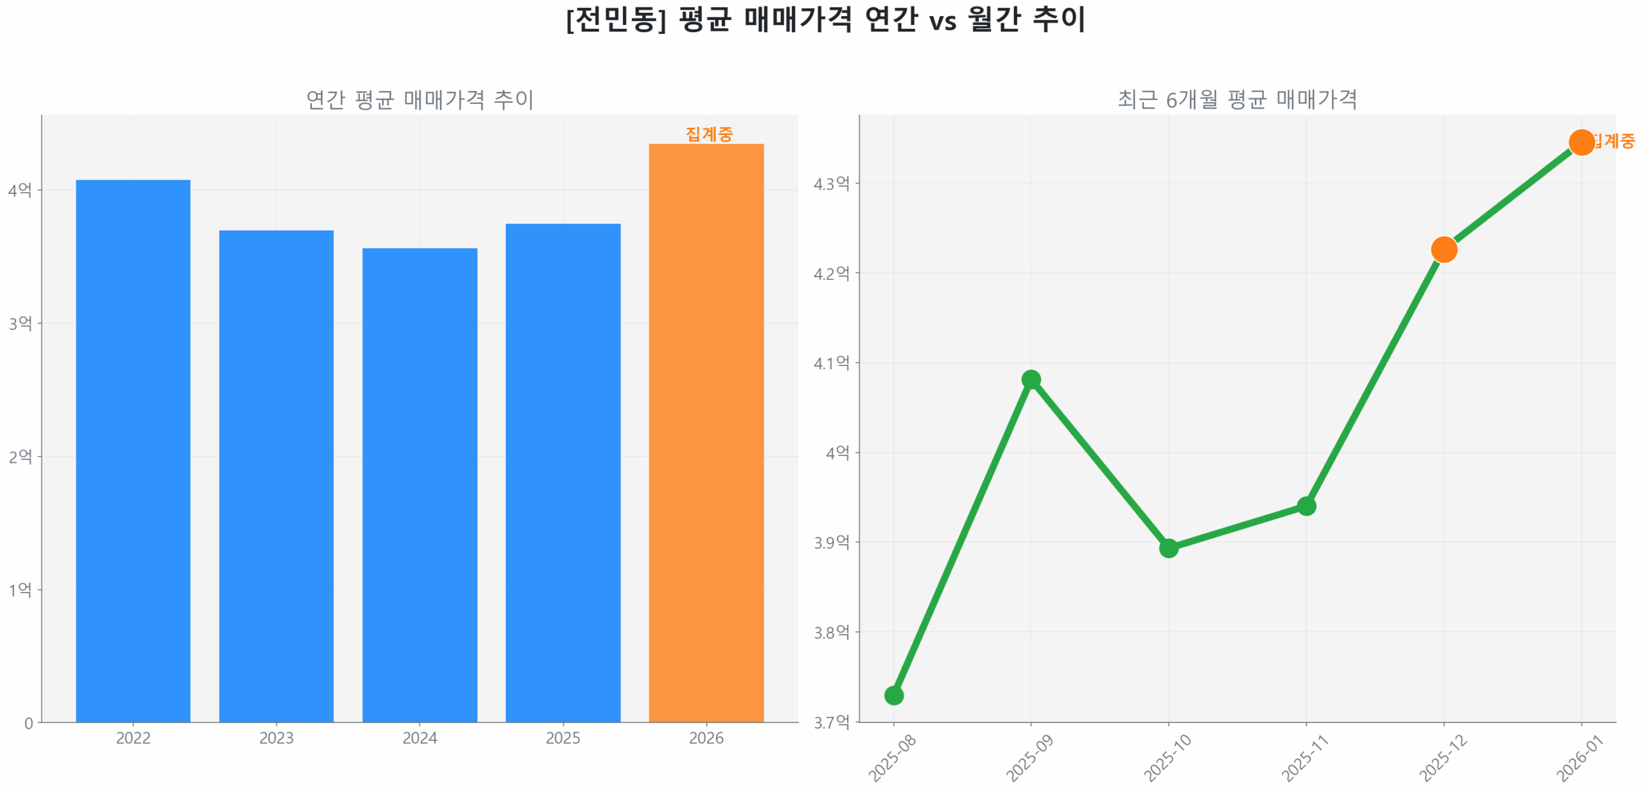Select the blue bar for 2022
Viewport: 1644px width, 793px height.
coord(133,449)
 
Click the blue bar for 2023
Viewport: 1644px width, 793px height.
coord(276,475)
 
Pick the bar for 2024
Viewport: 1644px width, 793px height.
coord(419,485)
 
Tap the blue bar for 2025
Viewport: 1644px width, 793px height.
coord(563,472)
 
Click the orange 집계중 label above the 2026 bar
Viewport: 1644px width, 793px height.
coord(709,134)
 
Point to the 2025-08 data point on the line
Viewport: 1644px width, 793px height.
coord(894,695)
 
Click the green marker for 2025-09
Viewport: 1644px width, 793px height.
coord(1031,379)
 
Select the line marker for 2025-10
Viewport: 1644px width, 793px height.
coord(1169,548)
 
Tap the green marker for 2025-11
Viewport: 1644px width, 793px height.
coord(1306,506)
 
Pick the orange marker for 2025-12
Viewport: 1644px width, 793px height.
coord(1444,250)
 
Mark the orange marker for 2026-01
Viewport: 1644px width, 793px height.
coord(1581,142)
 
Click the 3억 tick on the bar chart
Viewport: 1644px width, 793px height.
coord(20,323)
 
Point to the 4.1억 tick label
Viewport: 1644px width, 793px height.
coord(831,363)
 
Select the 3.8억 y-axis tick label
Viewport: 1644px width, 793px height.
coord(831,632)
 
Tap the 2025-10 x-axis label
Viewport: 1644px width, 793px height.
coord(1168,758)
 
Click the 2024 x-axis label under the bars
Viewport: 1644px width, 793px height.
coord(419,738)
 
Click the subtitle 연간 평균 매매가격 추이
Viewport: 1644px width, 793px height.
coord(419,100)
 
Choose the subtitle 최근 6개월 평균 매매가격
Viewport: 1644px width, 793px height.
coord(1237,100)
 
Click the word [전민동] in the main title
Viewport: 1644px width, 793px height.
coord(616,19)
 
